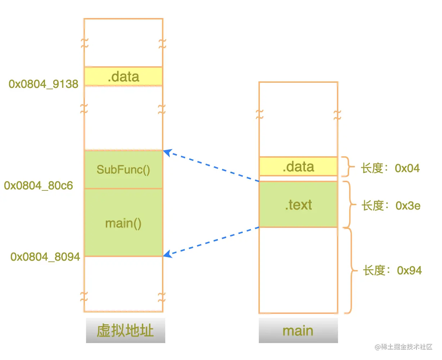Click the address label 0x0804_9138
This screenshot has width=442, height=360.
tap(44, 84)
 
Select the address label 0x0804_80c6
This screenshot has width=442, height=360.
tap(39, 186)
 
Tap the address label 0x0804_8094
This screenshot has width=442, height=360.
tap(45, 257)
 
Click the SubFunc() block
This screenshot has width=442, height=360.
tap(123, 170)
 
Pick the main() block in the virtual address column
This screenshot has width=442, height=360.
tap(123, 223)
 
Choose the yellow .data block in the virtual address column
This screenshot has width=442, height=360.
tap(123, 76)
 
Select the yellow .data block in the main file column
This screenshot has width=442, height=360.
tap(298, 166)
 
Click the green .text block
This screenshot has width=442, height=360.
tap(298, 204)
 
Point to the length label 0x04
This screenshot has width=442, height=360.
tap(390, 168)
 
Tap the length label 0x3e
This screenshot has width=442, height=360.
tap(391, 206)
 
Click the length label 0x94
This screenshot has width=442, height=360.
tap(392, 270)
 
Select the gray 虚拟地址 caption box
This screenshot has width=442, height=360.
tap(125, 330)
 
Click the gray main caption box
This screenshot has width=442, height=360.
tap(298, 330)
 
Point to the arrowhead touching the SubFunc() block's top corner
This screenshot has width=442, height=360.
tap(167, 152)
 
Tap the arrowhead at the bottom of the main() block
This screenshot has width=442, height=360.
tap(167, 255)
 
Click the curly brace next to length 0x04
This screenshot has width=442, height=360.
tap(347, 167)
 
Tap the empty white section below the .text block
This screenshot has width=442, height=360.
tap(298, 270)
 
